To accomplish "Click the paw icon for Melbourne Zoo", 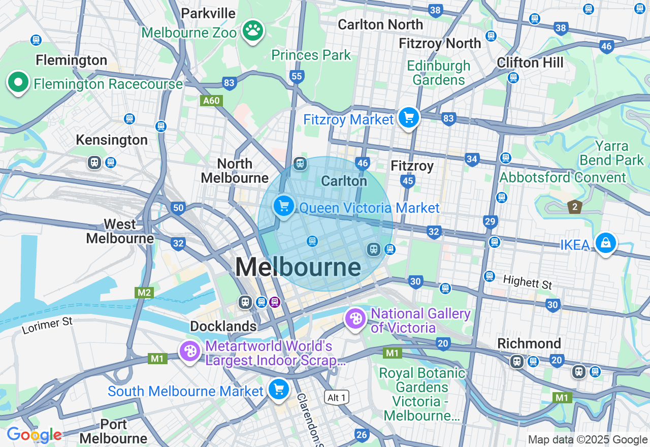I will point(252,31).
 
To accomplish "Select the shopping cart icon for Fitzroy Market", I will point(408,118).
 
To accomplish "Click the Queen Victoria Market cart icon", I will point(284,206).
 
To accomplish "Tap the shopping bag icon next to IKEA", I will point(605,243).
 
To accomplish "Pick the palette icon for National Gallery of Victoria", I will point(355,319).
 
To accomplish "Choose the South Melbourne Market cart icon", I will point(278,390).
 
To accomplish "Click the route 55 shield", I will point(297,77).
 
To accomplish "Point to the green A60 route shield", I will point(211,101).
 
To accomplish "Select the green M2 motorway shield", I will point(144,293).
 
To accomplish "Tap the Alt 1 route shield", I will point(337,397).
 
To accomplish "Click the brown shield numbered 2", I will point(574,207).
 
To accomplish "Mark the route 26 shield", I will point(362,434).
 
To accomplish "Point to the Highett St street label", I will point(527,282).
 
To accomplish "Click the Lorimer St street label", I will point(47,326).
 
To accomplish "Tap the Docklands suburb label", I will point(223,326).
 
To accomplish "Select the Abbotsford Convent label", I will point(563,177).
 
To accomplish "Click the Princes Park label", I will point(311,55).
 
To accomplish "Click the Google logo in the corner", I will point(34,435).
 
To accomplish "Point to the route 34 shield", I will point(472,159).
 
